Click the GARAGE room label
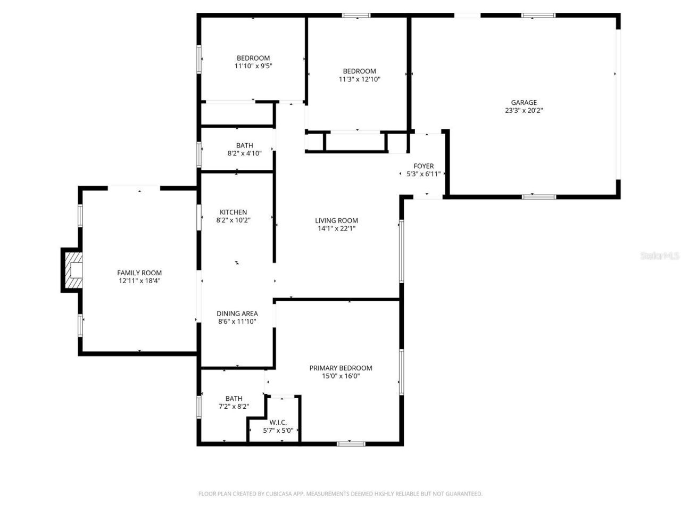[x=524, y=103]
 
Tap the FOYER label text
[x=423, y=166]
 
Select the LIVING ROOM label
[x=336, y=220]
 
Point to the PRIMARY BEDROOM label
[x=340, y=368]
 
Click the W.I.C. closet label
[x=278, y=422]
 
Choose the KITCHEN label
[x=233, y=212]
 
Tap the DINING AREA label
[x=237, y=314]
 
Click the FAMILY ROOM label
[x=139, y=273]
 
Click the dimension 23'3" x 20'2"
[x=524, y=111]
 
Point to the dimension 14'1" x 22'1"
[x=336, y=228]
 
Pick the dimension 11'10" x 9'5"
[x=253, y=66]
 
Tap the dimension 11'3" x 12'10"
[x=359, y=79]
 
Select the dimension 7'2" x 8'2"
[x=234, y=406]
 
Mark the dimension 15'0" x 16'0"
[x=340, y=376]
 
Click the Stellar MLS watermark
[x=660, y=256]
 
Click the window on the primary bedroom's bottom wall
[x=351, y=442]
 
